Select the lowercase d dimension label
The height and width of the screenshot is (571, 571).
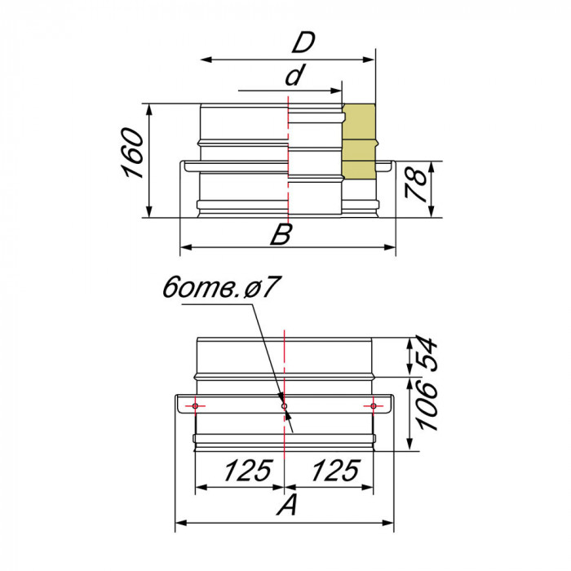click(x=294, y=76)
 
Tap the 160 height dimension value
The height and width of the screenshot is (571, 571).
click(x=132, y=153)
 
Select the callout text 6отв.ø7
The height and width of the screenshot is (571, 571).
click(x=222, y=288)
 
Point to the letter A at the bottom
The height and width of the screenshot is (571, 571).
click(x=285, y=507)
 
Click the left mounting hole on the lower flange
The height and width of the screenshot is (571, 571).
click(x=197, y=405)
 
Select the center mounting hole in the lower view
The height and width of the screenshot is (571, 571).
click(x=284, y=405)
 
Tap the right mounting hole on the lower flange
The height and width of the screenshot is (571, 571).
click(x=373, y=405)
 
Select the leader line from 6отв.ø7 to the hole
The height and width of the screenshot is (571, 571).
click(x=269, y=351)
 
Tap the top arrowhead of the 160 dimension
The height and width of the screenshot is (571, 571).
click(x=150, y=108)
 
